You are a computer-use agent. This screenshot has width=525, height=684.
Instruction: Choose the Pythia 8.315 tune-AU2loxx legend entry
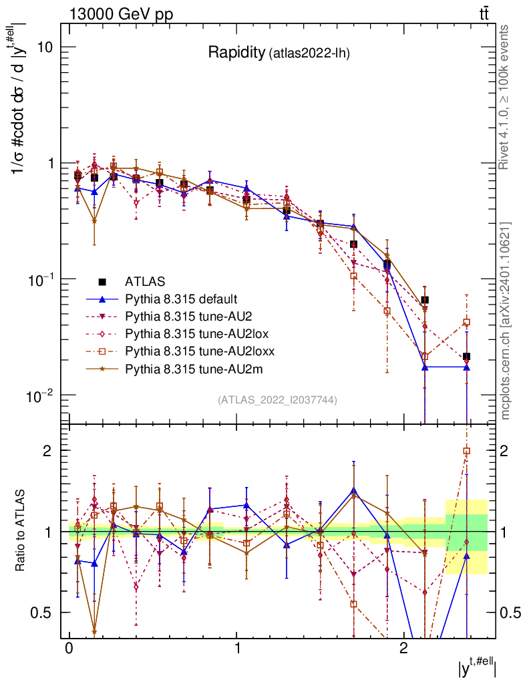pyautogui.click(x=190, y=351)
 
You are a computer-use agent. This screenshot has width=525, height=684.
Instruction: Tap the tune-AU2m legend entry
pyautogui.click(x=184, y=368)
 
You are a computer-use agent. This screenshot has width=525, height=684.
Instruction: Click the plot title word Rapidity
pyautogui.click(x=236, y=53)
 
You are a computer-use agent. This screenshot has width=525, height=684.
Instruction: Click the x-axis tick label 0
pyautogui.click(x=69, y=649)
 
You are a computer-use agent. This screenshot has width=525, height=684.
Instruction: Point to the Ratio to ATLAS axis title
pyautogui.click(x=22, y=532)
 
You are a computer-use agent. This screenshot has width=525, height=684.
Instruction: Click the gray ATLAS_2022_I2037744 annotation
pyautogui.click(x=277, y=400)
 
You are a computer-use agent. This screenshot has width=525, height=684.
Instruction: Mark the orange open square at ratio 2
pyautogui.click(x=466, y=451)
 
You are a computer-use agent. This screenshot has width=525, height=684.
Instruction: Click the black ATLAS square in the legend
pyautogui.click(x=102, y=281)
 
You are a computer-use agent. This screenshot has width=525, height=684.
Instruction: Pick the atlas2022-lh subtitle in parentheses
pyautogui.click(x=309, y=54)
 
